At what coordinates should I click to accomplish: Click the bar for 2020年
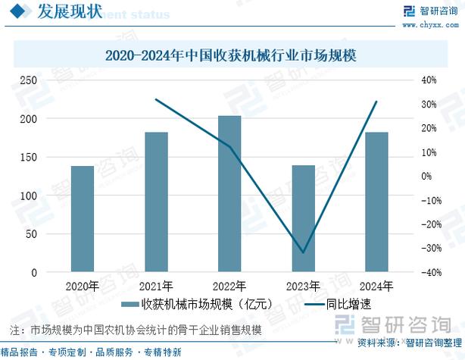click(83, 219)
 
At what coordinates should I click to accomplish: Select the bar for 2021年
click(156, 202)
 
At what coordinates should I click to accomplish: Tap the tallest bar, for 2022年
click(229, 194)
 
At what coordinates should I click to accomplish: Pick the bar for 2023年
click(303, 219)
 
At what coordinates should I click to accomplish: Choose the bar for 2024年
click(376, 202)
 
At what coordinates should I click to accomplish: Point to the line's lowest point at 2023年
click(303, 252)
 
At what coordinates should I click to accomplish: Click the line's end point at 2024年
click(376, 102)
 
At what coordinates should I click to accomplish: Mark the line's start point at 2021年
click(156, 99)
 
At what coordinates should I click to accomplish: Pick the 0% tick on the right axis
click(426, 177)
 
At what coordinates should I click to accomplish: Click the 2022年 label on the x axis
click(229, 286)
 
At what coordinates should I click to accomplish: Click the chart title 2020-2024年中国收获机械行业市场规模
click(231, 55)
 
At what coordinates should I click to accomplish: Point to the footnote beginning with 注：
click(136, 330)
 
